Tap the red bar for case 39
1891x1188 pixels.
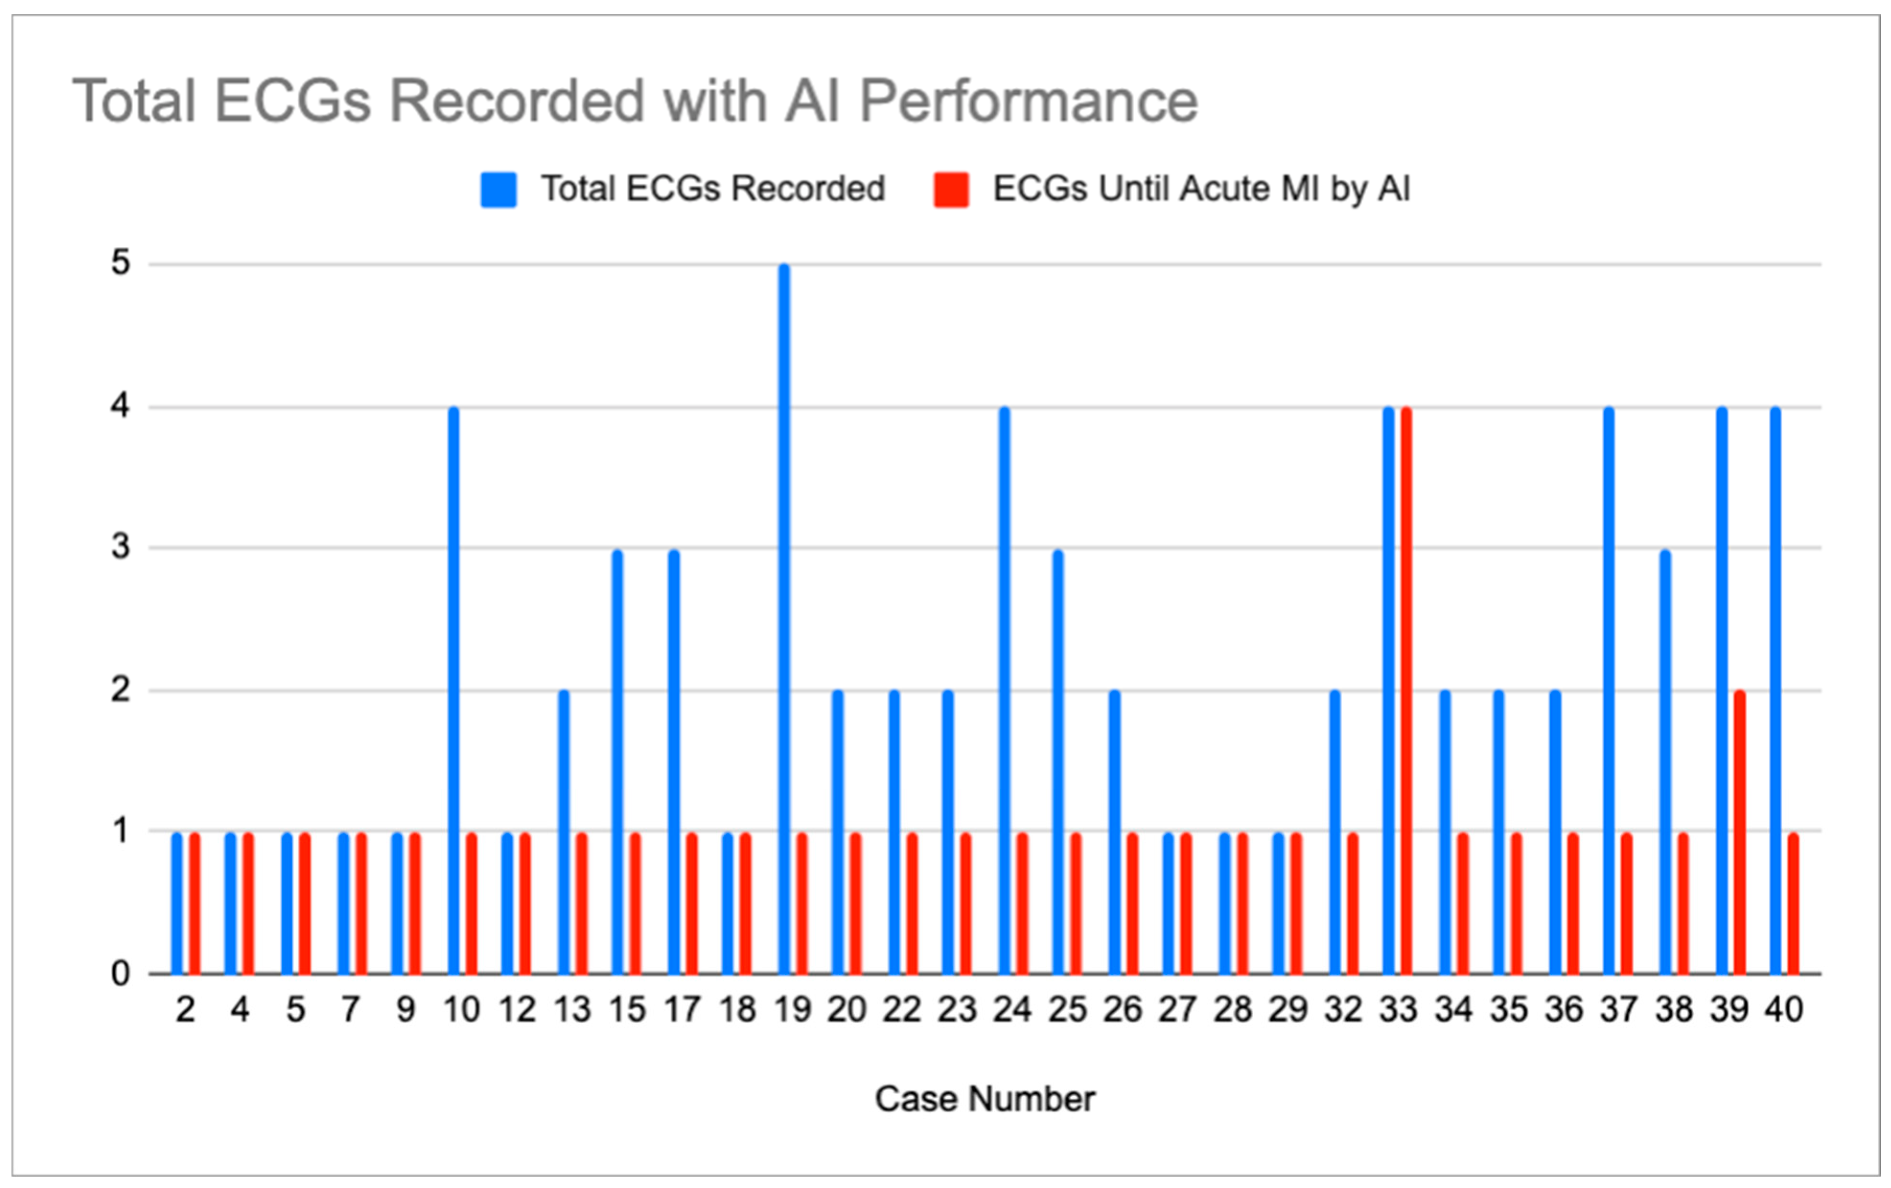coord(1740,832)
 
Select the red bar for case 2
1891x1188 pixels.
coord(194,903)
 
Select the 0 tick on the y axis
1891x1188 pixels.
coord(120,974)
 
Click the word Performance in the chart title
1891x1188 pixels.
coord(1029,102)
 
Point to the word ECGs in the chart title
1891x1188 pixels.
coord(291,102)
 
